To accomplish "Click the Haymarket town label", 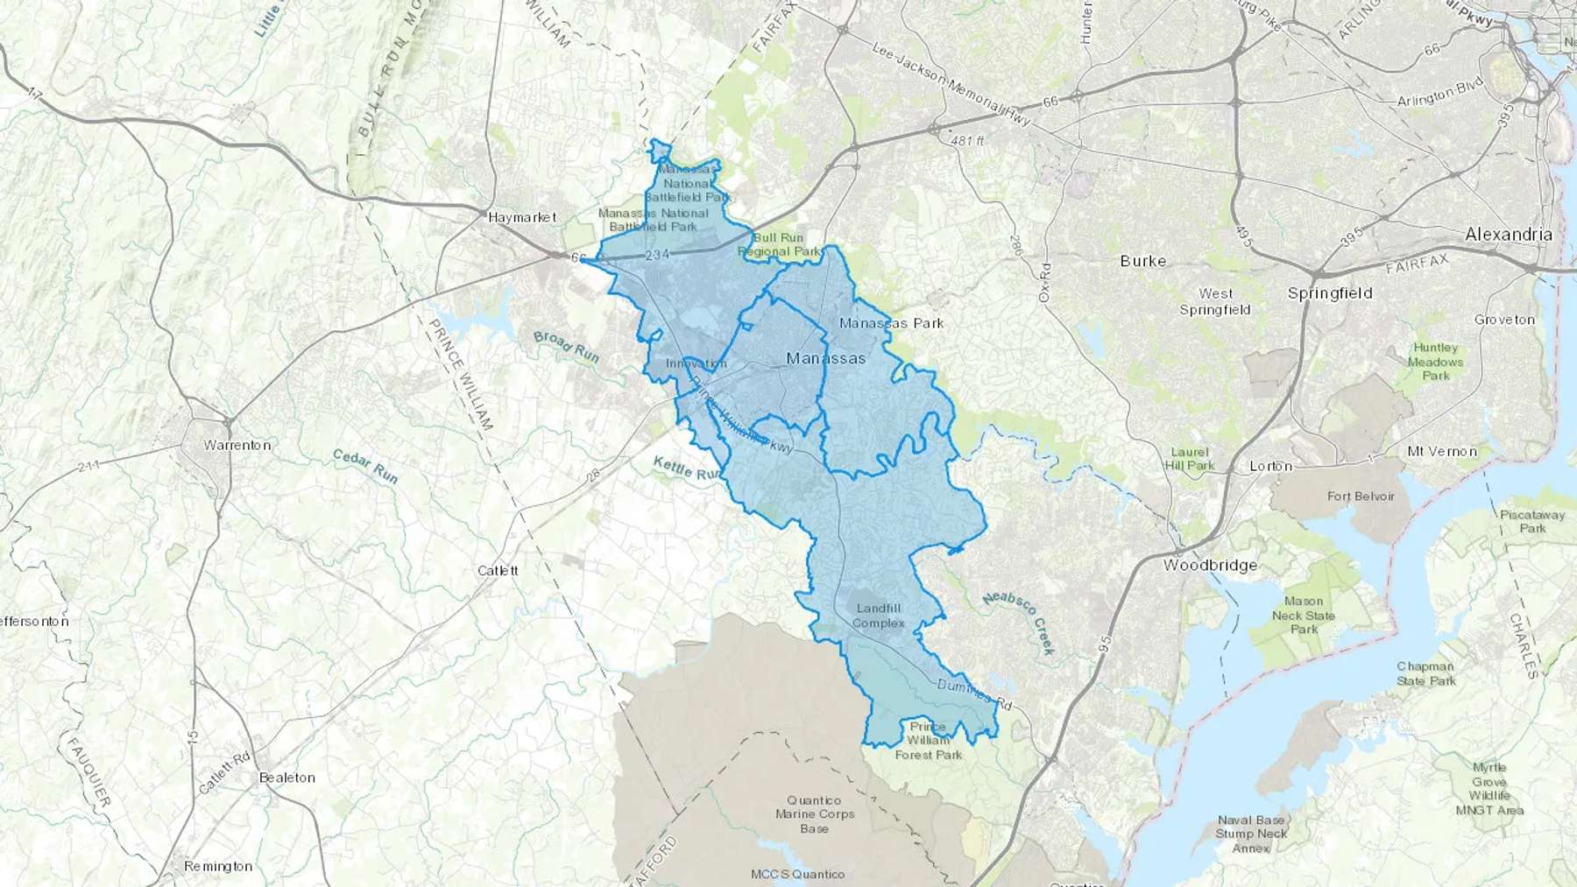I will [522, 216].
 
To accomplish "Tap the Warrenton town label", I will [237, 445].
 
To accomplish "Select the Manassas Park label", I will [891, 323].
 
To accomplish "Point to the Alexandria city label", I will [1509, 235].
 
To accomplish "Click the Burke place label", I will [1142, 261].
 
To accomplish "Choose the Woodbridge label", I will [1210, 566].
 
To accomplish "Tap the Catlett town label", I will [498, 571].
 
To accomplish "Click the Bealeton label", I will [286, 778].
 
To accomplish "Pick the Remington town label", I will [218, 866].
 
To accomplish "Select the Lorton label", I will [1270, 466].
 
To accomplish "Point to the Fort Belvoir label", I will [1361, 496].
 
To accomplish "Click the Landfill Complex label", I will [878, 616].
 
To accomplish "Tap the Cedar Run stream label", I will [365, 466].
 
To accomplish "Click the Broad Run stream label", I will [566, 346].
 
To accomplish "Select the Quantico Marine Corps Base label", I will [814, 814].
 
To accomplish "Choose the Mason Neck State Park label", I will [1304, 615].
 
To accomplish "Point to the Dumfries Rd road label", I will [974, 693].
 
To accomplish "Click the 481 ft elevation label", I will [967, 141].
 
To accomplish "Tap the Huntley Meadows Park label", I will [1435, 362].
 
